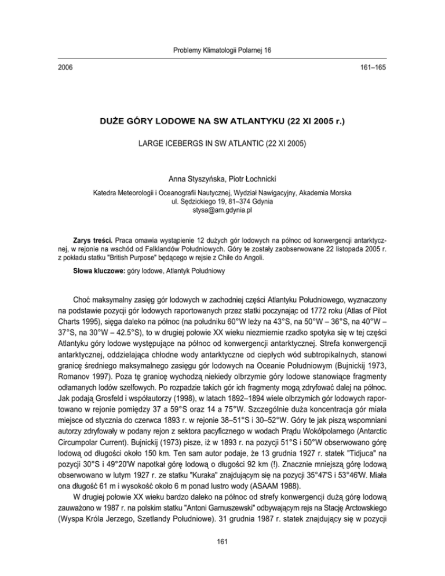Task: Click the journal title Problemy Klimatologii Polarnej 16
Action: point(222,51)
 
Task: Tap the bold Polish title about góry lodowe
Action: point(222,122)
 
